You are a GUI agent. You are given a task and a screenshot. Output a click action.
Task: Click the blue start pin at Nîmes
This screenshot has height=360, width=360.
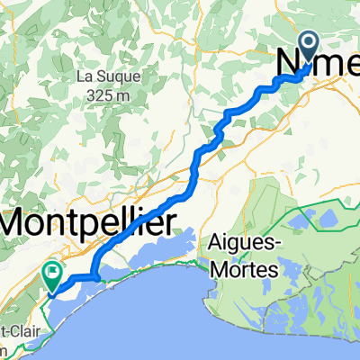point(309,45)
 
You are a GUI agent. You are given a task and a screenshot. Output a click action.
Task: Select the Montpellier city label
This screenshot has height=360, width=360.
point(88,218)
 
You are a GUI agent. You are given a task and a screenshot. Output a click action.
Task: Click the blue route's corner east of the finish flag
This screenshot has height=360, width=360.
point(94,277)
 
